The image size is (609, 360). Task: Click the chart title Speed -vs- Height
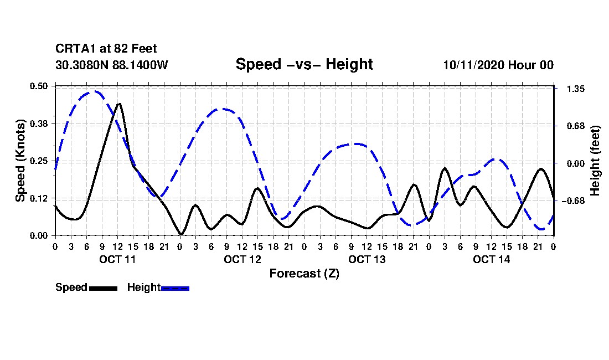pyautogui.click(x=304, y=64)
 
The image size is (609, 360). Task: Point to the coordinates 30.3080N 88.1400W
pyautogui.click(x=111, y=65)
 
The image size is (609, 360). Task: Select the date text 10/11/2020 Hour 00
pyautogui.click(x=498, y=65)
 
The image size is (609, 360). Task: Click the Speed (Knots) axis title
pyautogui.click(x=20, y=160)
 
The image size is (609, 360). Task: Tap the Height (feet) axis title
pyautogui.click(x=595, y=160)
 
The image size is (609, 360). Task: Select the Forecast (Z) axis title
pyautogui.click(x=304, y=273)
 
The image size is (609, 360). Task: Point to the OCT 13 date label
pyautogui.click(x=367, y=259)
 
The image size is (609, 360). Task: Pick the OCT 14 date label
pyautogui.click(x=491, y=259)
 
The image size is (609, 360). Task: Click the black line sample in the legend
pyautogui.click(x=102, y=287)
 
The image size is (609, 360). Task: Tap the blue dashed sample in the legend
pyautogui.click(x=175, y=287)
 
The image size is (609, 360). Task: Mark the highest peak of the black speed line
pyautogui.click(x=118, y=104)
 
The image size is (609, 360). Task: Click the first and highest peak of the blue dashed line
pyautogui.click(x=95, y=91)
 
